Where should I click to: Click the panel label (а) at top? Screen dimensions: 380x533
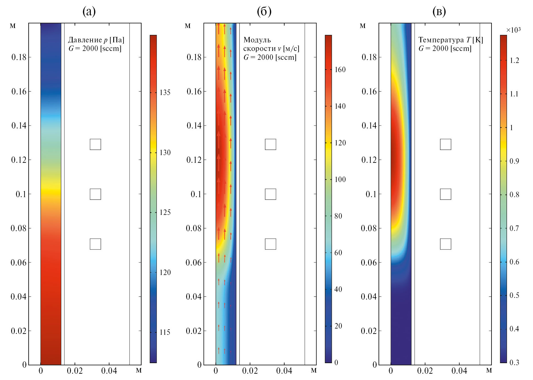pos(89,11)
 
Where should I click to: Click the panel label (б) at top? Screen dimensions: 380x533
pos(264,11)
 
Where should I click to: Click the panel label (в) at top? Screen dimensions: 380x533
pos(439,11)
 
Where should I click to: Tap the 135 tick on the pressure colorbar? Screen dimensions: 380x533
pos(165,92)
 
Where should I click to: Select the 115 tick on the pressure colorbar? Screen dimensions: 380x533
pos(165,332)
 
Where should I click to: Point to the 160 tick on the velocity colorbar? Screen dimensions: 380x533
pos(340,70)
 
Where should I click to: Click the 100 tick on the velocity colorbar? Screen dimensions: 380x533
pos(340,179)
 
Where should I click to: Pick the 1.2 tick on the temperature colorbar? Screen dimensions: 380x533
pos(514,60)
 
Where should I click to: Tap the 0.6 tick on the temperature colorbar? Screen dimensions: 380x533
pos(514,262)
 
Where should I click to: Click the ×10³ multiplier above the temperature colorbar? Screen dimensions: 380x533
pos(513,30)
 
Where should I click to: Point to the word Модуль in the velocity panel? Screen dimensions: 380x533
pos(257,40)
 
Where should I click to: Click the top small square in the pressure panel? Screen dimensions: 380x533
pos(95,145)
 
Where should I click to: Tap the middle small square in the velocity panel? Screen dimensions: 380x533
pos(270,194)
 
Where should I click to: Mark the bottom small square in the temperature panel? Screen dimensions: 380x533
pos(446,244)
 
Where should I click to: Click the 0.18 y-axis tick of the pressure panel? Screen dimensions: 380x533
pos(19,57)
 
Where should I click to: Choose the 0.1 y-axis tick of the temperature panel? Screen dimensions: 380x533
pos(371,194)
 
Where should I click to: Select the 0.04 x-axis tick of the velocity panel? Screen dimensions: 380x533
pos(284,371)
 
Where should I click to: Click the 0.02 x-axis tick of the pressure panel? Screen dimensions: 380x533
pos(75,371)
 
